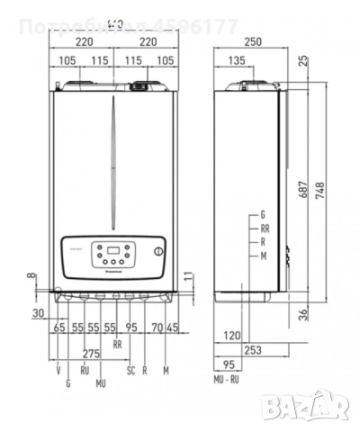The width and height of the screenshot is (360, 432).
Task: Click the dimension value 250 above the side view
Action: (x=252, y=40)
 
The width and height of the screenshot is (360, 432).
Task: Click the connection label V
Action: (x=58, y=369)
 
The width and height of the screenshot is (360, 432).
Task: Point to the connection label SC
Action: (x=131, y=369)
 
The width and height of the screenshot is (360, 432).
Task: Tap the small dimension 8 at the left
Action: (x=31, y=276)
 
